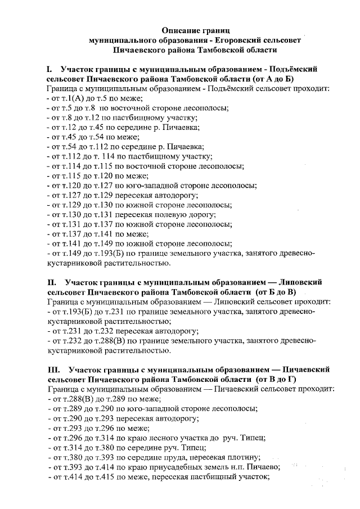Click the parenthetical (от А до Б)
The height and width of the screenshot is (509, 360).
tap(262, 79)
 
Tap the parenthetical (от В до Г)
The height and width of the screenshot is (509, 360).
tap(276, 380)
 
